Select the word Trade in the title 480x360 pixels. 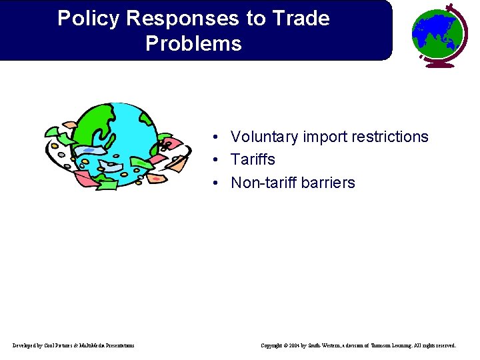tap(300, 19)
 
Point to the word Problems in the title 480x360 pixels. tap(193, 44)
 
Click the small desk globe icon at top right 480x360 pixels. tap(438, 33)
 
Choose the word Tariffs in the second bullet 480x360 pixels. tap(253, 160)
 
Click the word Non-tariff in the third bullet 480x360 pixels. tap(265, 183)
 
